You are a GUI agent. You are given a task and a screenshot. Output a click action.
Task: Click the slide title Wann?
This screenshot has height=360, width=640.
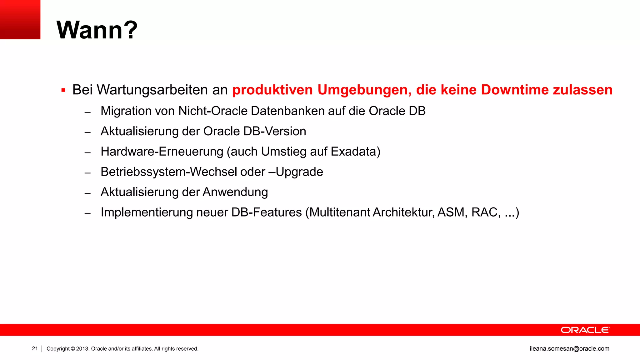[97, 30]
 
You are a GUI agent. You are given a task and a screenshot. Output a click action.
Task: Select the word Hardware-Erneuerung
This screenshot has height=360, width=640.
[162, 152]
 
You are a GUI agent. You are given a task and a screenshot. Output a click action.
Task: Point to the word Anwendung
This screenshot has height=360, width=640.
[235, 192]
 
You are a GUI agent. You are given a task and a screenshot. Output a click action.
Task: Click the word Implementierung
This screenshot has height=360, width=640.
[147, 212]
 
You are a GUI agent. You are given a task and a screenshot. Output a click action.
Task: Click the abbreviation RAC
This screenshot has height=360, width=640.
[485, 212]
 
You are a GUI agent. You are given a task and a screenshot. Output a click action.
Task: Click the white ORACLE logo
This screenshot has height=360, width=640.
[585, 330]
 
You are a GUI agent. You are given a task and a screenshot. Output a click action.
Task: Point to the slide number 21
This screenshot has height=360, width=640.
[35, 349]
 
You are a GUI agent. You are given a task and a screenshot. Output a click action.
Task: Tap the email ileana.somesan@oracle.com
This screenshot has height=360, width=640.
[569, 349]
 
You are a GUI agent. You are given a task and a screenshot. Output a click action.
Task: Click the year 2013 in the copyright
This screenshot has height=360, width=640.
[82, 349]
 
